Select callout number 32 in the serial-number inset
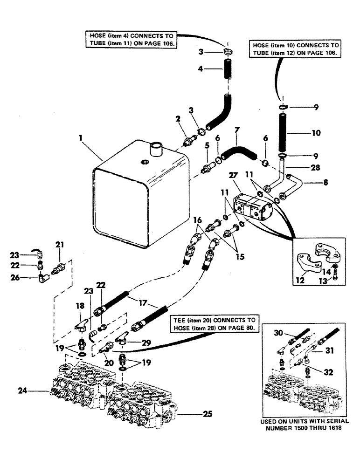pos(328,371)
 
